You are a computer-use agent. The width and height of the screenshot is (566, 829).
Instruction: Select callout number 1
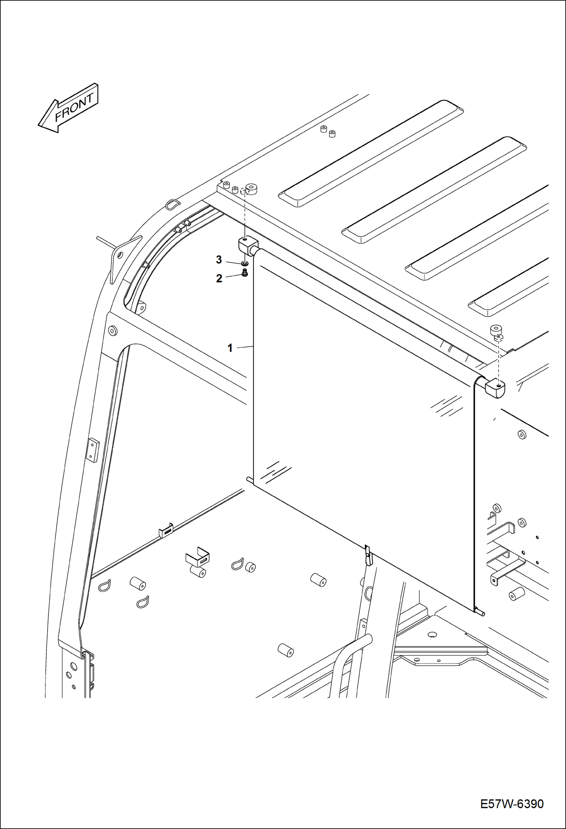(230, 348)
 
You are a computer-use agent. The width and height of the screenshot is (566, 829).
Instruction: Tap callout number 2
(219, 279)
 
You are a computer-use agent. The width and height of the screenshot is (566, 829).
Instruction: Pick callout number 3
(219, 260)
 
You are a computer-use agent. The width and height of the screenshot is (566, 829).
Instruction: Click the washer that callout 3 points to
(245, 263)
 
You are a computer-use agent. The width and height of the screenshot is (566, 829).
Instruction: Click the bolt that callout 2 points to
(244, 273)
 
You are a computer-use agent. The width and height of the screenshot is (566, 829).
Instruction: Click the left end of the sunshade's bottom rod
(250, 480)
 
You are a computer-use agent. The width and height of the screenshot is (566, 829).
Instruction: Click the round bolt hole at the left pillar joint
(112, 330)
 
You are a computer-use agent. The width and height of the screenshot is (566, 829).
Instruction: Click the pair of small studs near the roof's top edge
(328, 132)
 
